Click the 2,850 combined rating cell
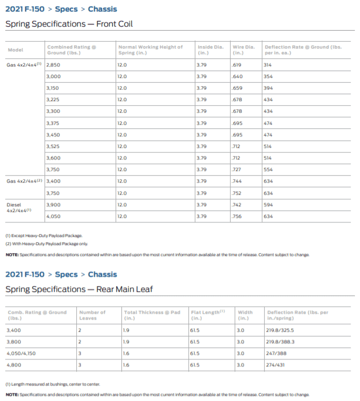(53, 65)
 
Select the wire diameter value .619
(236, 65)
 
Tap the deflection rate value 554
(268, 169)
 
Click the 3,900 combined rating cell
(53, 205)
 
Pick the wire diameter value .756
(236, 216)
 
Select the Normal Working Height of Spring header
(150, 50)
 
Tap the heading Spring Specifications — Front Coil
(69, 24)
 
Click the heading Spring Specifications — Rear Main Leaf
(79, 289)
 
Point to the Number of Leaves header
(92, 315)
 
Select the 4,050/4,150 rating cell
(21, 352)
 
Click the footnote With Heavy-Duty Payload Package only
(47, 243)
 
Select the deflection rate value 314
(268, 65)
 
